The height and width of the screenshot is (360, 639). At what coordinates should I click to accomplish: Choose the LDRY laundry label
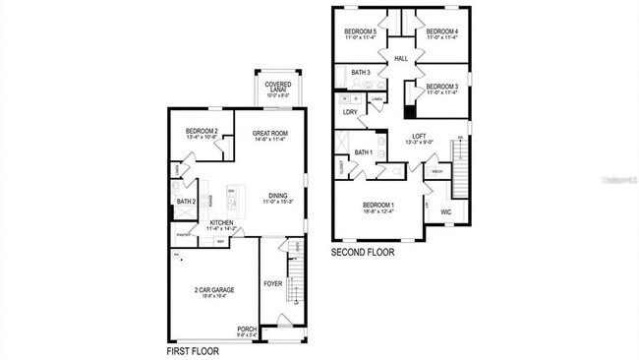349,112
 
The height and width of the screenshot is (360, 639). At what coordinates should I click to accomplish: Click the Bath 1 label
364,152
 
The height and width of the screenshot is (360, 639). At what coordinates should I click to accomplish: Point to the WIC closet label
445,211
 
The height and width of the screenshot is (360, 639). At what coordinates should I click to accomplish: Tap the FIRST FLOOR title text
191,350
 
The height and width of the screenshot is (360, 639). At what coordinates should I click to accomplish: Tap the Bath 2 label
187,203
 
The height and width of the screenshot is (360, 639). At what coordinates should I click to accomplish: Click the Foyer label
273,284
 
